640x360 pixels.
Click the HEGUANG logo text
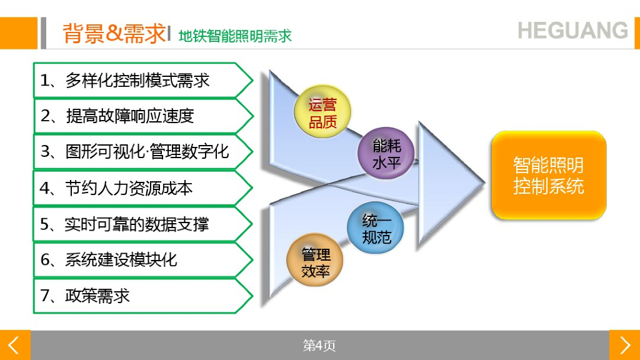coord(572,30)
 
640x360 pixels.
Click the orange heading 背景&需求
coord(114,33)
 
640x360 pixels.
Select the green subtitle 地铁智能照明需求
coord(235,36)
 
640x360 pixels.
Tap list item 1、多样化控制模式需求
coord(125,80)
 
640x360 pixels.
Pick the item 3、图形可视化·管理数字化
coord(135,151)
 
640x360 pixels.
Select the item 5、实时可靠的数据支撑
coord(124,224)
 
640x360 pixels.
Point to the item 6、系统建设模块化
coord(109,259)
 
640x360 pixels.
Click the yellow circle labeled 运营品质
coord(322,112)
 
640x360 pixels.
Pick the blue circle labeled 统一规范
coord(376,228)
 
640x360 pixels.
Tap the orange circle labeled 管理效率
coord(316,264)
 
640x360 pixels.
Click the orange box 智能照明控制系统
coord(549,176)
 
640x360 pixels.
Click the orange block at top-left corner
coord(18,33)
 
